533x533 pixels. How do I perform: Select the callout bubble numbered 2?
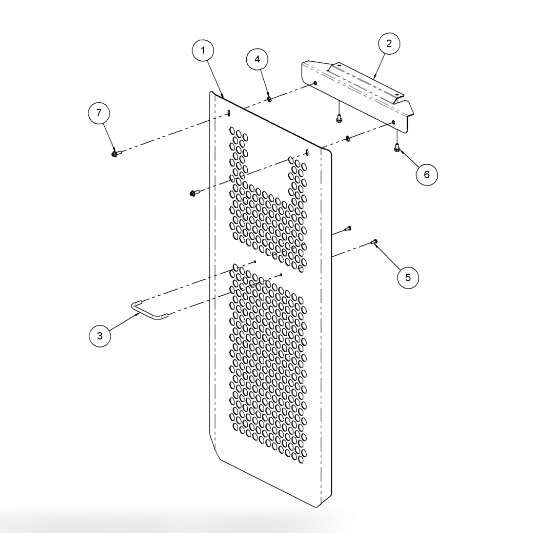pyautogui.click(x=389, y=44)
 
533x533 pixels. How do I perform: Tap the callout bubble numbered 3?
pyautogui.click(x=100, y=336)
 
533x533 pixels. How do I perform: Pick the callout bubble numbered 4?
pyautogui.click(x=257, y=59)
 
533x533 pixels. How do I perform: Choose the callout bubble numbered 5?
pyautogui.click(x=408, y=277)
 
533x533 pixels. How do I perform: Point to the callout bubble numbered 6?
pyautogui.click(x=426, y=175)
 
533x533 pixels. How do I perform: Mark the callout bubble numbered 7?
pyautogui.click(x=99, y=113)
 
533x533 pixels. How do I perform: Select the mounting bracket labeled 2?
pyautogui.click(x=358, y=92)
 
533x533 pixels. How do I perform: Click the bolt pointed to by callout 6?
pyautogui.click(x=397, y=148)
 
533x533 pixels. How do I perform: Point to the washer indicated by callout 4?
pyautogui.click(x=269, y=99)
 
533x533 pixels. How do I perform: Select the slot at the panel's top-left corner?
pyautogui.click(x=228, y=113)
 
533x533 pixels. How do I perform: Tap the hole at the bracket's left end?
pyautogui.click(x=315, y=84)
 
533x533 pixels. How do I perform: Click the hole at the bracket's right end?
pyautogui.click(x=394, y=123)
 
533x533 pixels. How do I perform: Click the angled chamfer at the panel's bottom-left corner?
pyautogui.click(x=214, y=451)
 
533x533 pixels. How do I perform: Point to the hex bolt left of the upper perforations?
pyautogui.click(x=193, y=193)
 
